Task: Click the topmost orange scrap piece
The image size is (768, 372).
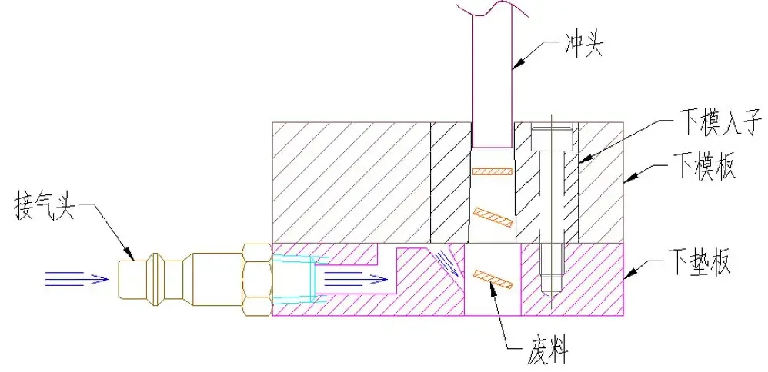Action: pyautogui.click(x=492, y=170)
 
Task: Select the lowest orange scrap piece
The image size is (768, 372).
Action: pyautogui.click(x=493, y=279)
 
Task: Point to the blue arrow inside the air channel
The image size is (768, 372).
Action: pyautogui.click(x=350, y=278)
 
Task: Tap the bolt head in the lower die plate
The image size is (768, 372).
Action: pyautogui.click(x=551, y=138)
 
